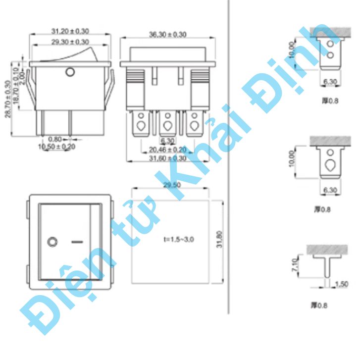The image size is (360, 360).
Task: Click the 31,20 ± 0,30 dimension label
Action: [70, 31]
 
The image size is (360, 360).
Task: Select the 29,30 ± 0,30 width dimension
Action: [70, 42]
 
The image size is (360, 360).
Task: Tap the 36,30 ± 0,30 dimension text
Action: [168, 35]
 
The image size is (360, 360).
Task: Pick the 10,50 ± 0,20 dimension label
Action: [57, 147]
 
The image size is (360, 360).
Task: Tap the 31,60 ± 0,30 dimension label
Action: [168, 158]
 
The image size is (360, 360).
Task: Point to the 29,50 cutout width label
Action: [171, 184]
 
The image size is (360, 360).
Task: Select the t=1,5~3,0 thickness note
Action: [179, 239]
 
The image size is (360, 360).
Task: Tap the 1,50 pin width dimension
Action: [341, 284]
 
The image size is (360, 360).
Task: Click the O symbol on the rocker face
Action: [51, 242]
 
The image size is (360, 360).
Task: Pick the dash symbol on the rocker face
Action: [77, 242]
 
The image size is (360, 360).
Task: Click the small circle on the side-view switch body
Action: [70, 73]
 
